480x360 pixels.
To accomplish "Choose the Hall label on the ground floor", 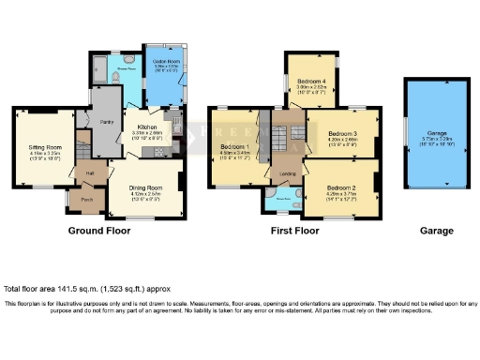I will tap(91, 172).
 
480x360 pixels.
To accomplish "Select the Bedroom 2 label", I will tap(339, 190).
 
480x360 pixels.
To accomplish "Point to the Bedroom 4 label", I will tap(312, 82).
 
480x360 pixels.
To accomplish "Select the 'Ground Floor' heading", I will tap(97, 231).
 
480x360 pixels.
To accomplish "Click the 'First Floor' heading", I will tap(292, 231).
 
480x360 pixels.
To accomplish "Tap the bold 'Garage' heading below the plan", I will tap(436, 231).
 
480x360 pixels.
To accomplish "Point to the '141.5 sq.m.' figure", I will tap(66, 289).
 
